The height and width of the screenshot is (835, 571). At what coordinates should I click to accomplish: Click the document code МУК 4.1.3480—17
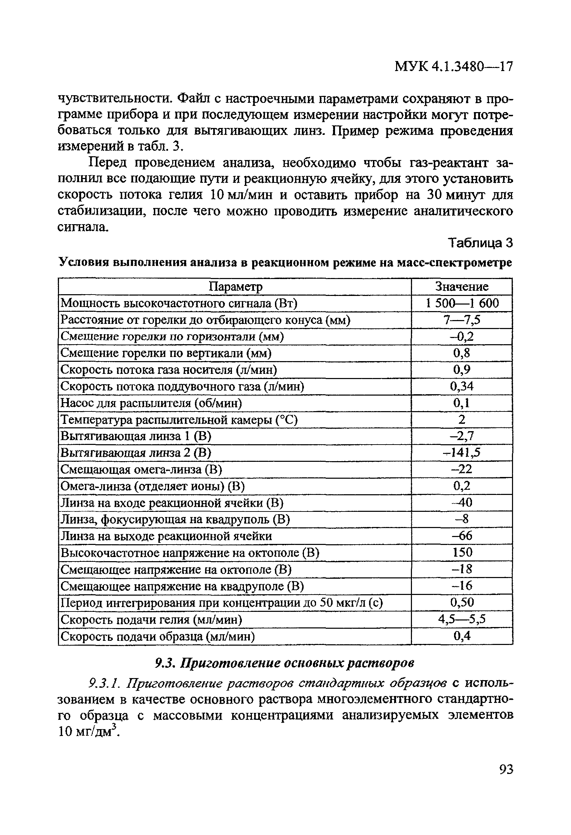click(453, 67)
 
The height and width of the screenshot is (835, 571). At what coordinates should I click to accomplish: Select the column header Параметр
click(235, 287)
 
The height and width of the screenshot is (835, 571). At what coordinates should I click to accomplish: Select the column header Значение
click(462, 287)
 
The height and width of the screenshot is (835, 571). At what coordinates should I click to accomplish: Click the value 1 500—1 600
click(462, 303)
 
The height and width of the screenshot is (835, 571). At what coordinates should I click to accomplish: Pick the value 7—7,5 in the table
click(462, 320)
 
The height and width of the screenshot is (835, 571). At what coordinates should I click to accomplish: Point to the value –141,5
click(461, 453)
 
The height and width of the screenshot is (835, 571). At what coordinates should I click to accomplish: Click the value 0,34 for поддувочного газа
click(462, 386)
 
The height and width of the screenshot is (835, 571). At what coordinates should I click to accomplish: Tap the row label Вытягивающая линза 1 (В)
click(136, 436)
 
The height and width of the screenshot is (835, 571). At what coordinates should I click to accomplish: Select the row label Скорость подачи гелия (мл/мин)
click(151, 619)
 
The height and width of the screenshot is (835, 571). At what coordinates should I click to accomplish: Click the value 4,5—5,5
click(462, 619)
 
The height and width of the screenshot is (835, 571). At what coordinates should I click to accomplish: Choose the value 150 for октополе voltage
click(462, 552)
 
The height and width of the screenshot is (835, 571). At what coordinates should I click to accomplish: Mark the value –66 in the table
click(462, 536)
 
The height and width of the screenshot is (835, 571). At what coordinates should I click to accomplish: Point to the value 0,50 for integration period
click(462, 602)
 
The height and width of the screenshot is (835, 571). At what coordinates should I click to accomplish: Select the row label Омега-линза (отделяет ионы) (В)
click(153, 486)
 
